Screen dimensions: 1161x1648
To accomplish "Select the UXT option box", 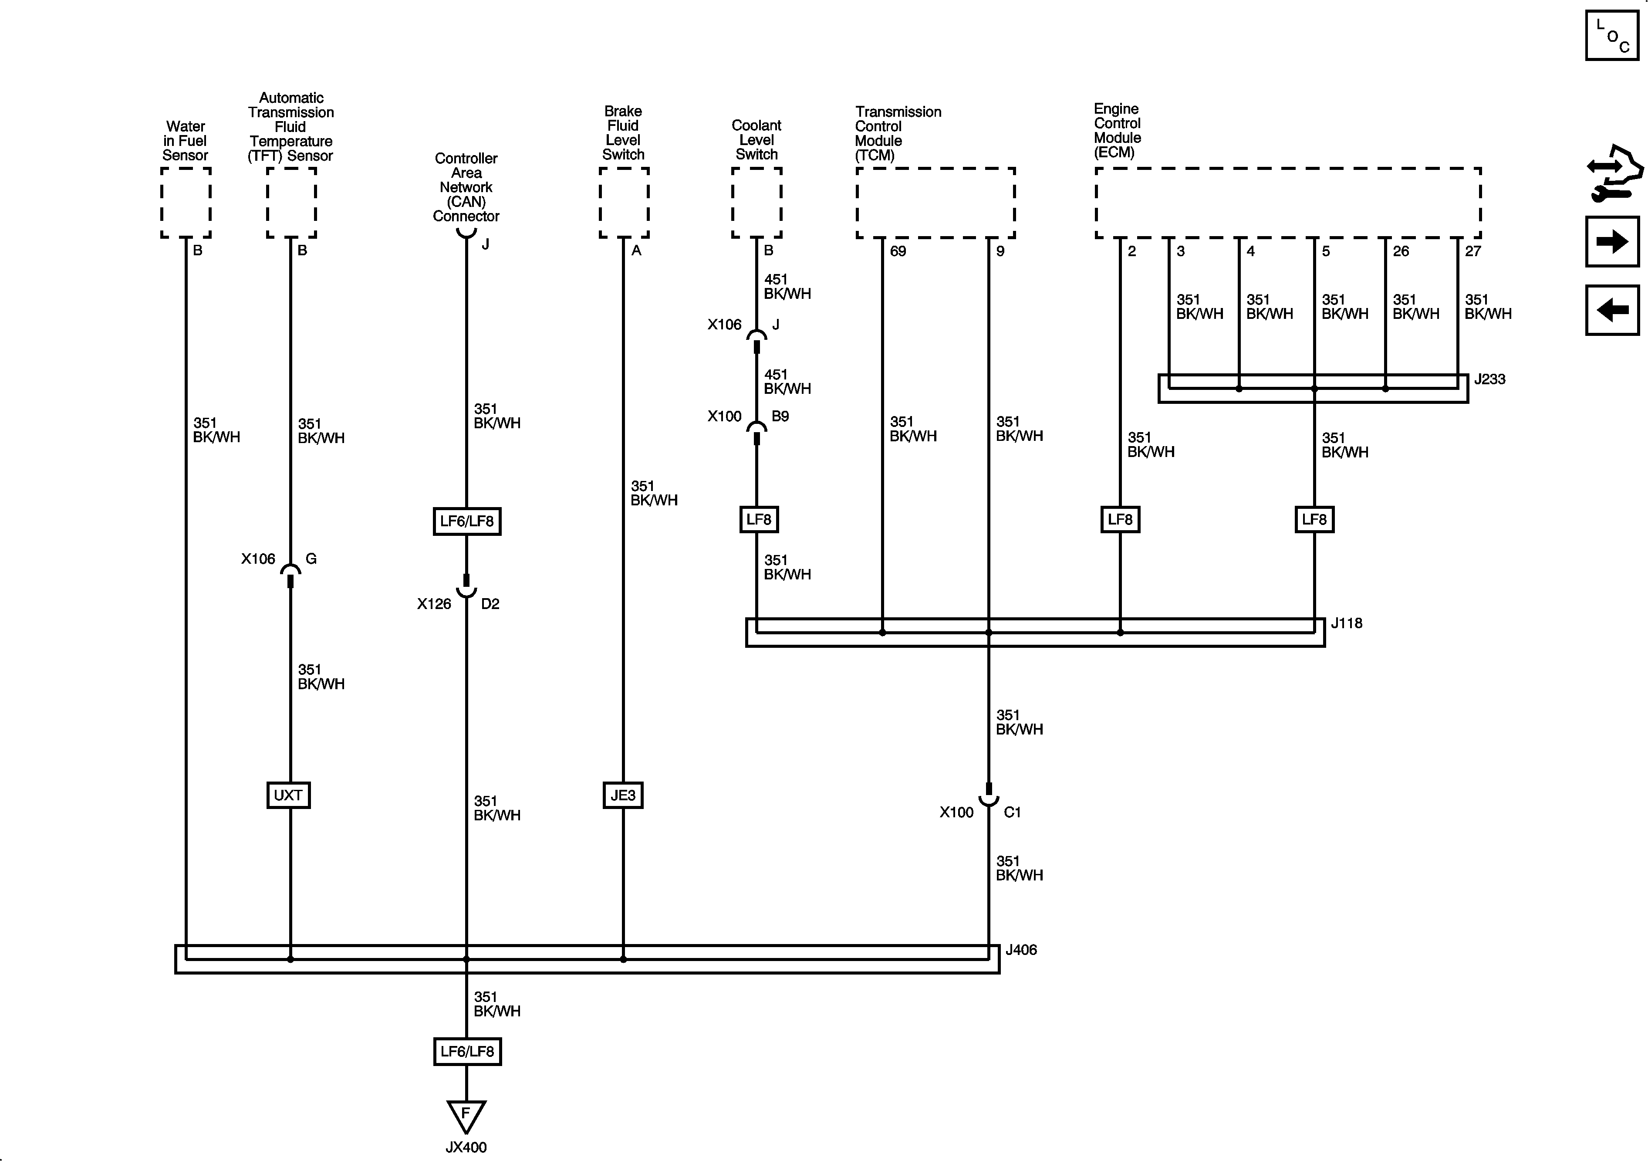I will (288, 795).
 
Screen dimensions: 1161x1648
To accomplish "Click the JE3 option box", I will (622, 795).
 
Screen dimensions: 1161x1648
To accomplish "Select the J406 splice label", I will (1021, 950).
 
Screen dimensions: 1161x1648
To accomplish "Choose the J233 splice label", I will (1489, 379).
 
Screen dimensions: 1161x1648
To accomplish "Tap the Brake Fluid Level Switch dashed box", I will (624, 203).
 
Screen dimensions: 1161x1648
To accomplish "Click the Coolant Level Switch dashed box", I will (756, 203).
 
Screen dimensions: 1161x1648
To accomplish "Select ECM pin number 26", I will (1400, 251).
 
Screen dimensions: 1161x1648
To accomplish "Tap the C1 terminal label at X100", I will (1012, 812).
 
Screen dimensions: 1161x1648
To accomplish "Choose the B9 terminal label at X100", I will (780, 416).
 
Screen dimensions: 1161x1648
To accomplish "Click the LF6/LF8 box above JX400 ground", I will (466, 1051).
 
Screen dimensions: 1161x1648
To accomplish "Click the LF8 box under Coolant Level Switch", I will (759, 519).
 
